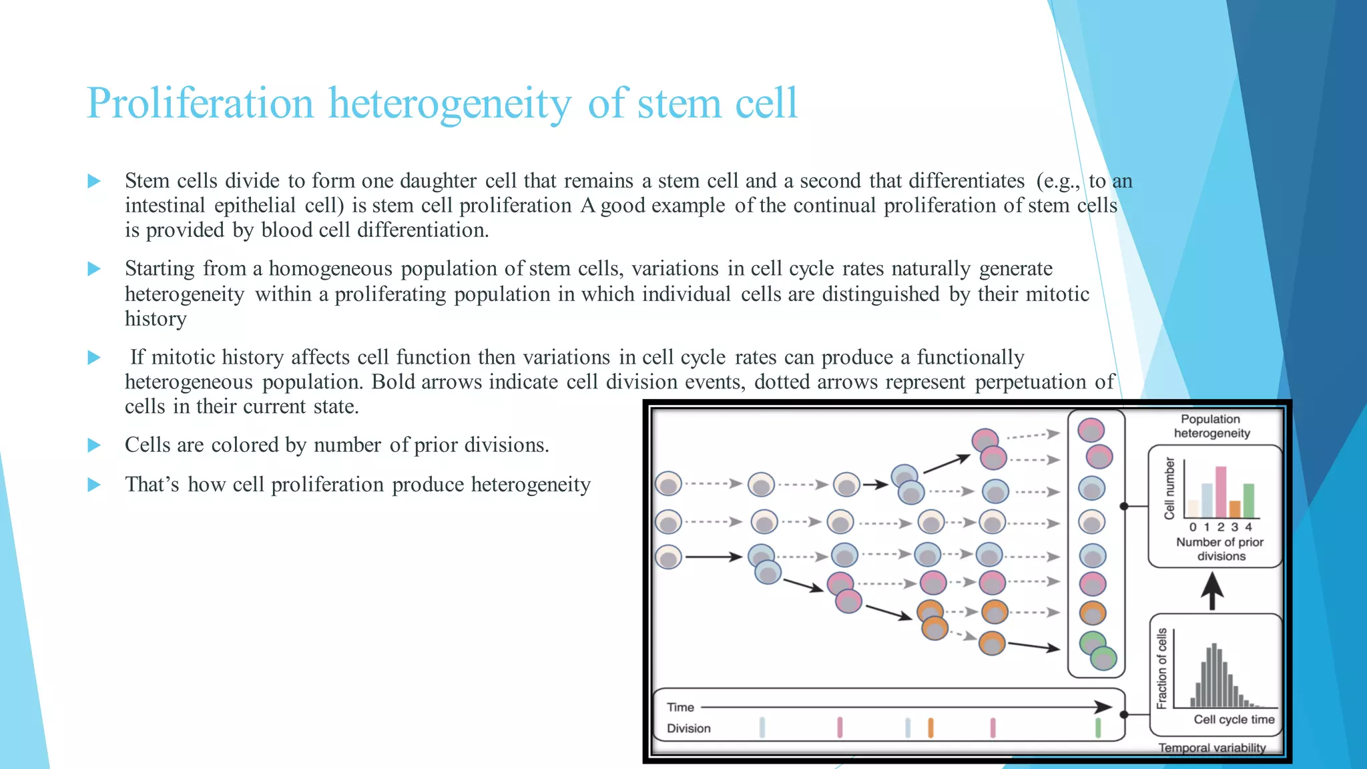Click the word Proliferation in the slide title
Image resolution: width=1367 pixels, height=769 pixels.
click(x=200, y=103)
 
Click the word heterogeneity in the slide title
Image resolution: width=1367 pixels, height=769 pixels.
click(x=450, y=103)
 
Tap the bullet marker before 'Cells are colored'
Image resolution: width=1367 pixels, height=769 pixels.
click(x=94, y=445)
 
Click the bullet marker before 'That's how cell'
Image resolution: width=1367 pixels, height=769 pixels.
click(x=94, y=485)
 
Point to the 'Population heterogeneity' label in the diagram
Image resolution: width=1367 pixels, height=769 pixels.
click(x=1211, y=426)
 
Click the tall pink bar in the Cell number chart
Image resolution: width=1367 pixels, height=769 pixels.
click(x=1221, y=492)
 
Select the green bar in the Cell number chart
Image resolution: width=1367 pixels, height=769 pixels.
click(x=1248, y=501)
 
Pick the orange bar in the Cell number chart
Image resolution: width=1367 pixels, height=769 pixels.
click(x=1235, y=509)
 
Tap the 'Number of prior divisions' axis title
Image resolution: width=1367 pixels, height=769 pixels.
click(x=1219, y=549)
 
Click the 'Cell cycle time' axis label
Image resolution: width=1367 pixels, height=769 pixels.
click(x=1234, y=719)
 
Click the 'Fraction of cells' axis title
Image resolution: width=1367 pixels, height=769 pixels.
click(x=1161, y=668)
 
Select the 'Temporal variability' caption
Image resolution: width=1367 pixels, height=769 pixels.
click(x=1211, y=748)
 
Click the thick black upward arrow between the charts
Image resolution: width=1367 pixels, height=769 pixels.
click(x=1212, y=591)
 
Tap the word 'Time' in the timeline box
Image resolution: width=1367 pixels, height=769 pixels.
click(x=680, y=707)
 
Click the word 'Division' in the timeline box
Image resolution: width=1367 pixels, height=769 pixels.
click(x=688, y=728)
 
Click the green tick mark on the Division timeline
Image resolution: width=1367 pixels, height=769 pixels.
click(x=1098, y=728)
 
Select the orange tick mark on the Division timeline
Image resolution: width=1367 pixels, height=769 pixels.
click(x=930, y=728)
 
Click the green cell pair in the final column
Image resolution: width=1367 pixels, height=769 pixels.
click(x=1097, y=650)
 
